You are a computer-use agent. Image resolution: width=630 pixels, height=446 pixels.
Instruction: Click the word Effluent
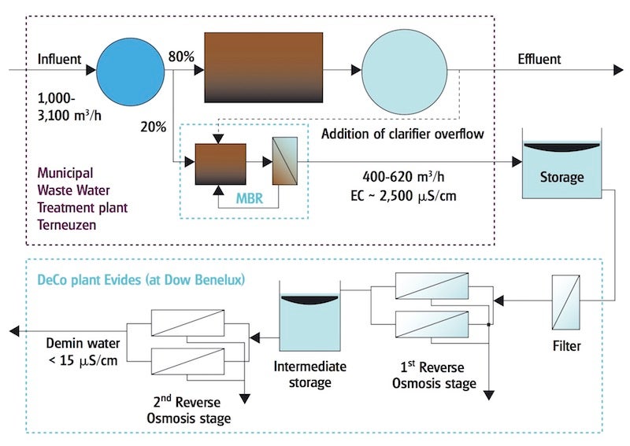coord(539,60)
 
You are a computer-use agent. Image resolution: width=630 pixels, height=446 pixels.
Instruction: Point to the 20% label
coord(153,124)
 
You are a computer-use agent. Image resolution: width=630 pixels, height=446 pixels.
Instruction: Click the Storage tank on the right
coord(561,169)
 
